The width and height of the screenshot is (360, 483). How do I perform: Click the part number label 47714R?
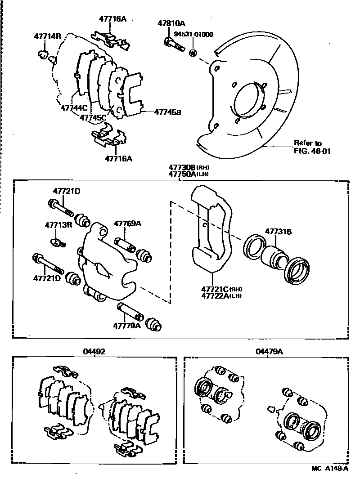(47, 36)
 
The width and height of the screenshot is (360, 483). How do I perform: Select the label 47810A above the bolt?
(171, 23)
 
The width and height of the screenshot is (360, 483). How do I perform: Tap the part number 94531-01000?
(195, 34)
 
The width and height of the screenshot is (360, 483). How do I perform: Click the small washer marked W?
(193, 54)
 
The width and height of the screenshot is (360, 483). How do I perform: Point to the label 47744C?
(74, 108)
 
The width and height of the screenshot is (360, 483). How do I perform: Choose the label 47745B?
(167, 112)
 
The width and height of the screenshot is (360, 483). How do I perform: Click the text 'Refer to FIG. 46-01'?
(312, 147)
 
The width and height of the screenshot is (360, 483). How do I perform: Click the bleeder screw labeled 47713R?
(58, 243)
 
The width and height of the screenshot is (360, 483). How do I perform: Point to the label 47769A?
(127, 224)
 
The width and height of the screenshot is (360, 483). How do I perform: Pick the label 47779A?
(127, 325)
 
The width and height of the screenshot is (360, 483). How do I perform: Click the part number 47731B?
(278, 232)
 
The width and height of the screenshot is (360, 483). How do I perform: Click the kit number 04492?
(94, 352)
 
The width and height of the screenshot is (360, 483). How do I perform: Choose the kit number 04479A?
(269, 352)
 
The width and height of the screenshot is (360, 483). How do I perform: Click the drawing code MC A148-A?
(330, 469)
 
